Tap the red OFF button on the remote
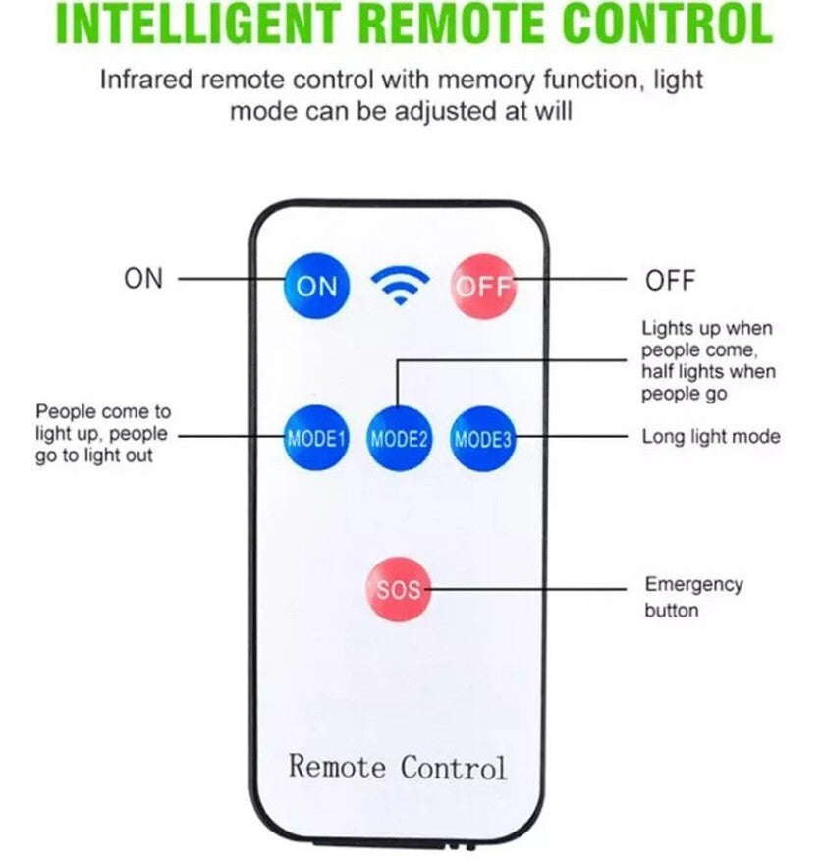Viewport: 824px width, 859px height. coord(483,286)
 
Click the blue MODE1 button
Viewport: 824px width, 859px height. coord(316,439)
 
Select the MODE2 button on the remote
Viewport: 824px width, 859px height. coord(399,439)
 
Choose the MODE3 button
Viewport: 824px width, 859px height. coord(482,439)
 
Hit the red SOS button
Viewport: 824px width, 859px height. coord(399,590)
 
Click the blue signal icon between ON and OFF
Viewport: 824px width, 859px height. coord(400,285)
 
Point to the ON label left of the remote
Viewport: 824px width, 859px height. coord(143,279)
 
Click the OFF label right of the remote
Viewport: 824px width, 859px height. coord(670,281)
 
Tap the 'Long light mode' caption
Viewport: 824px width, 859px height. coord(711,437)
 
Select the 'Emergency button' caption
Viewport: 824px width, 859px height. coord(693,597)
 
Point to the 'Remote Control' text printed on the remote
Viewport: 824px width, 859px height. coord(398,766)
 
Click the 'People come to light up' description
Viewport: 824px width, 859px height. coord(102,434)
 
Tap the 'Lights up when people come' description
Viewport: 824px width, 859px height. coord(708,361)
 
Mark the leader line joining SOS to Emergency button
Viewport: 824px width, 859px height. coord(530,590)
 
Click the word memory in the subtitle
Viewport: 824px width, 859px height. coord(484,80)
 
